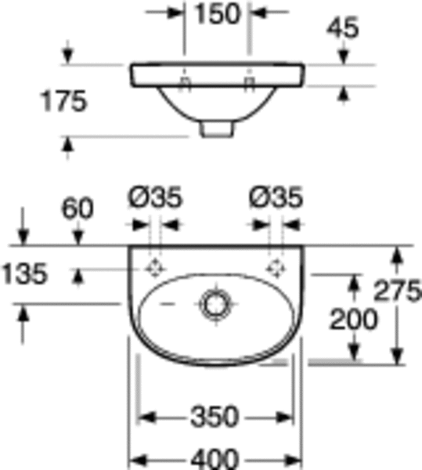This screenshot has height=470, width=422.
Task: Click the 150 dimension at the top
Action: point(218,13)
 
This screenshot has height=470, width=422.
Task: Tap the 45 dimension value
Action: point(343,27)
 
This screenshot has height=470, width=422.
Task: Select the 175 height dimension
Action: point(63,101)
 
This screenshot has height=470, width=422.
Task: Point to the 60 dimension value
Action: point(78,208)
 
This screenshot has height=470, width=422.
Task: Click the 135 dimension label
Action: point(24,273)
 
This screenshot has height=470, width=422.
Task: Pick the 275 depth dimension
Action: point(398,290)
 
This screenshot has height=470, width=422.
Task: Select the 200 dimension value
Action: point(353,320)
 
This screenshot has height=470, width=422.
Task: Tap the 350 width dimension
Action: point(215,417)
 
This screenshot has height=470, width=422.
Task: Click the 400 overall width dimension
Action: point(215,459)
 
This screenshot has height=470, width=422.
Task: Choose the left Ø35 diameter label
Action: point(155,197)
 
